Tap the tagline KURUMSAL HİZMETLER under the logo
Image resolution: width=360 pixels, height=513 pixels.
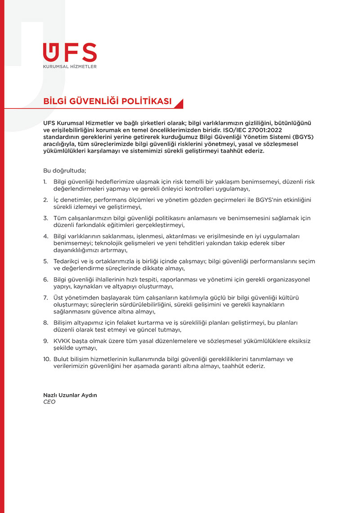[70, 67]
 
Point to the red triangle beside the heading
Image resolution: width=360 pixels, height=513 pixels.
[179, 104]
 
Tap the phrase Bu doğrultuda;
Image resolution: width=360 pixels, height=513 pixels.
[64, 171]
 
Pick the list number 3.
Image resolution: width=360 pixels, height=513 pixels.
[45, 218]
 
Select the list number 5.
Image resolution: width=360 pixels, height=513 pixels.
[45, 261]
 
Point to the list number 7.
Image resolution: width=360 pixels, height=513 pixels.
[45, 298]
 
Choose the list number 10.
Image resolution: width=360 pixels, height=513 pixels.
[47, 359]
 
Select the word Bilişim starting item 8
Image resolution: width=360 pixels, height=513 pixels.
[63, 322]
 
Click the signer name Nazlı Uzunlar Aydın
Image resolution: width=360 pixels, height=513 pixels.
[70, 395]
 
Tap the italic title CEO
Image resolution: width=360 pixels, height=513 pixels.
[49, 402]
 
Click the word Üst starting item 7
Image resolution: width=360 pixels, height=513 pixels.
[58, 298]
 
